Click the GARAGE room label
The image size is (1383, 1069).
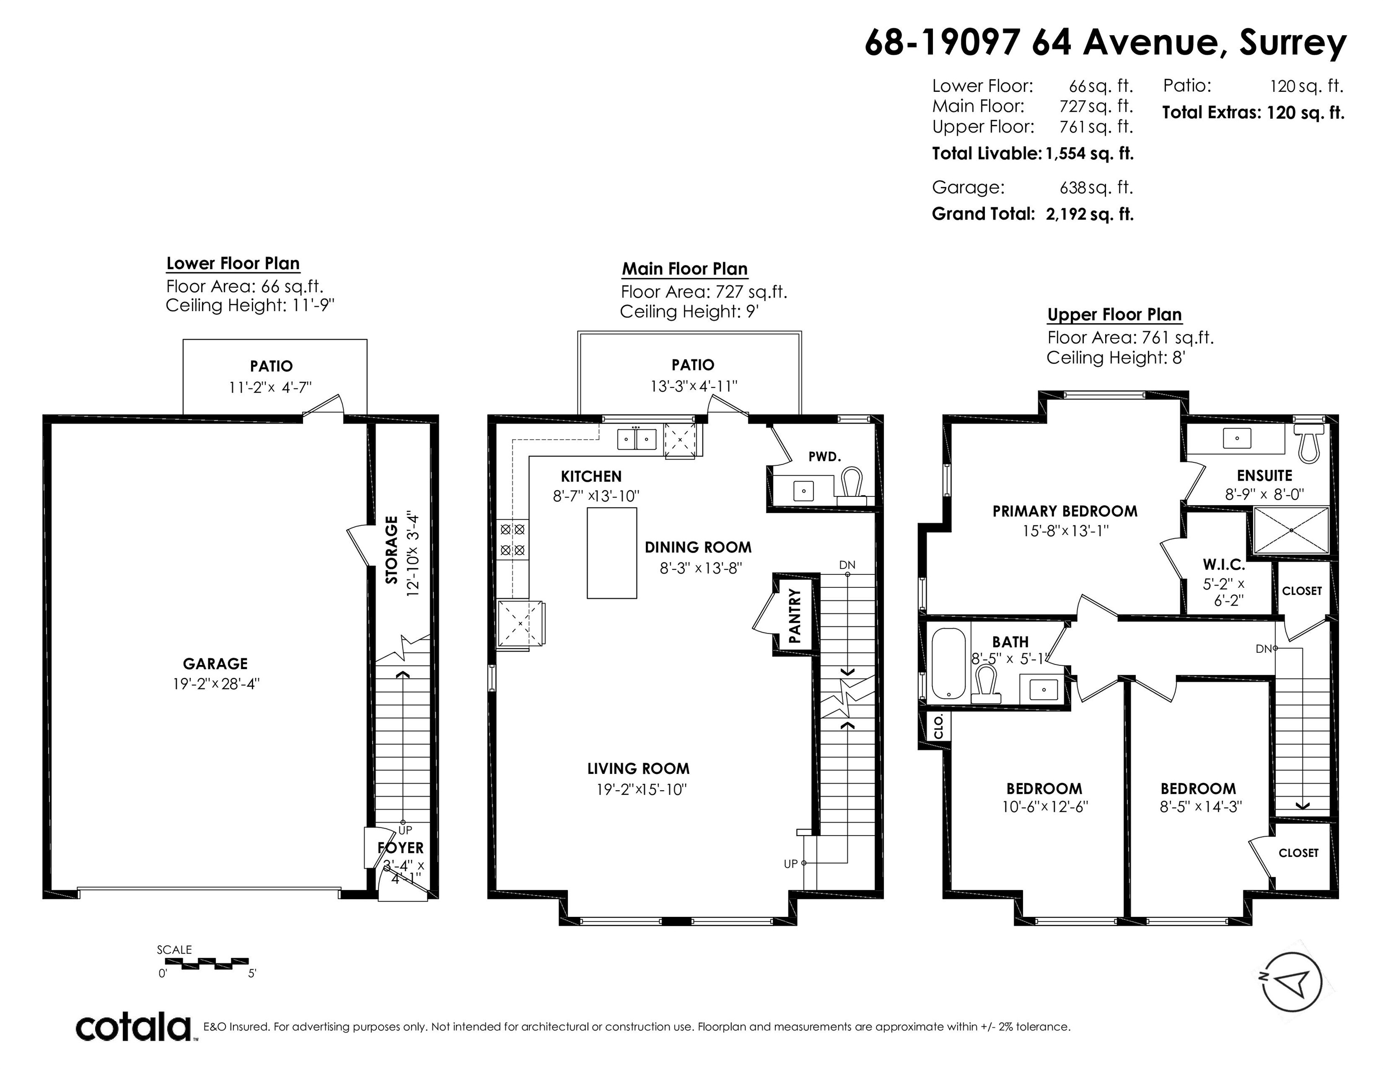[215, 663]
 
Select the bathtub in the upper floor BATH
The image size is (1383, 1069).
[948, 663]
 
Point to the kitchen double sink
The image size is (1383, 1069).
[637, 439]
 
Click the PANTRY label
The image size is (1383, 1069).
[795, 616]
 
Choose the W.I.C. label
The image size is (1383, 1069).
[1224, 564]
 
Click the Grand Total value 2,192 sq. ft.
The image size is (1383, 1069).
[1090, 214]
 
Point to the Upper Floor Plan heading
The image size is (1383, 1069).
[1114, 315]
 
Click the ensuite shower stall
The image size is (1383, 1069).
[1291, 530]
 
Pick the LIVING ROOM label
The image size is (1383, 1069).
[638, 769]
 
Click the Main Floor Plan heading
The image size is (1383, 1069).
[684, 269]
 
